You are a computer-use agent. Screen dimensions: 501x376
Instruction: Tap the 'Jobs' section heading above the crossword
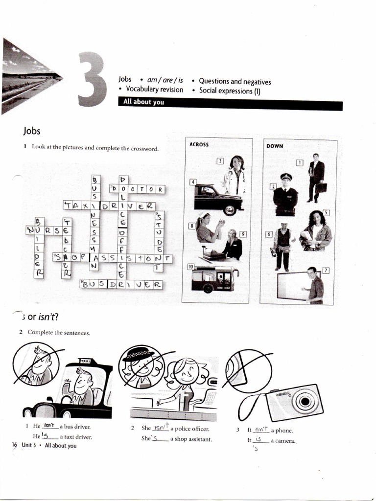click(x=31, y=131)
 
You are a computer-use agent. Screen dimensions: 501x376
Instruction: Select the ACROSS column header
click(x=199, y=144)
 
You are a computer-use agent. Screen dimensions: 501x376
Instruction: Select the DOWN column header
click(x=275, y=146)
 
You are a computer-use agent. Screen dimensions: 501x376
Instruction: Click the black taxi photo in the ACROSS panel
click(x=218, y=198)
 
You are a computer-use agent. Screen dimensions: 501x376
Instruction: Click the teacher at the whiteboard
click(x=313, y=285)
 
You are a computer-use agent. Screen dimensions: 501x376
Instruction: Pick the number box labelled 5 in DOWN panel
click(x=326, y=212)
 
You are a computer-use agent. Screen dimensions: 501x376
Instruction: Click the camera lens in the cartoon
click(x=305, y=401)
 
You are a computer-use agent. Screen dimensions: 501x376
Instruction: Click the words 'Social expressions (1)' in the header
click(x=229, y=91)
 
